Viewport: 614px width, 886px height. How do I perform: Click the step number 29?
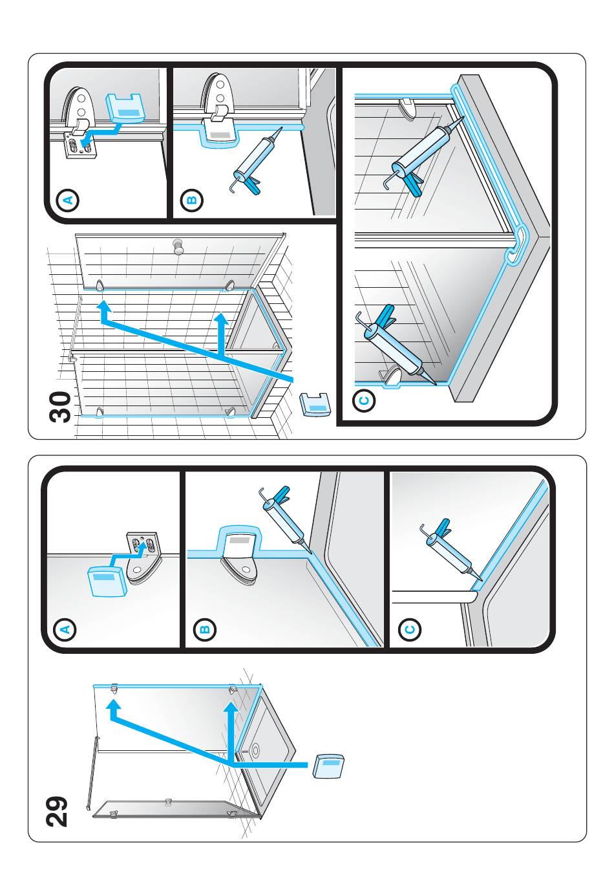(x=57, y=810)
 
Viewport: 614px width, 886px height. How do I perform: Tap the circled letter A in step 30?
(x=67, y=200)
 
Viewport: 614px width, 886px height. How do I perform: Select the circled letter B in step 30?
(x=192, y=200)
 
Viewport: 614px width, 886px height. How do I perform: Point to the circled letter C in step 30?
(x=365, y=401)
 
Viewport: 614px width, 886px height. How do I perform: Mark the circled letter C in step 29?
(x=408, y=629)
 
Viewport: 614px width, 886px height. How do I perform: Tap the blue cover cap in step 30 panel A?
(x=125, y=107)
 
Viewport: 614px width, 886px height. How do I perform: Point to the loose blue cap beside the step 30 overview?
(x=315, y=405)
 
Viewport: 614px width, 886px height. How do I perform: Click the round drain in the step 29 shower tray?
(x=255, y=750)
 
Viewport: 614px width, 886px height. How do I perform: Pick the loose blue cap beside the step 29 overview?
(x=328, y=766)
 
